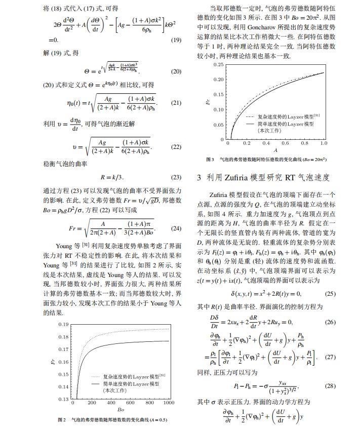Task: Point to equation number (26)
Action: pos(330,322)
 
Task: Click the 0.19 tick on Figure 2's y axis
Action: pos(64,325)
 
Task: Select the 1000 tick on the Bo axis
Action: pos(168,403)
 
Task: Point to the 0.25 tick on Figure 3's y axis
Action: pos(218,65)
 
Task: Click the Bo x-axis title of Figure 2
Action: pos(121,410)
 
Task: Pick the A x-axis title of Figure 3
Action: pos(275,150)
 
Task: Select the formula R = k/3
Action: pos(112,177)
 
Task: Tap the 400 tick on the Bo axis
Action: pos(111,403)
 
